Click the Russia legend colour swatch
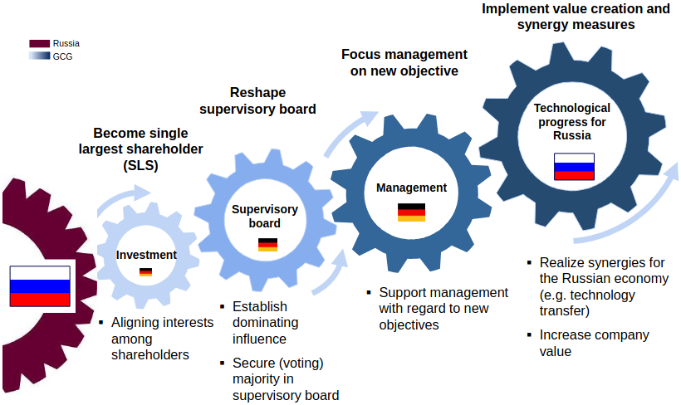coord(39,43)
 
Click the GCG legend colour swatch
coord(39,56)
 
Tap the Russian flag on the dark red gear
coord(40,286)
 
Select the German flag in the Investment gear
coord(145,272)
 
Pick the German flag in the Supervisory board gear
coord(267,244)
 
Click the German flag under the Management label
coord(411,212)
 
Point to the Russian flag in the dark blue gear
coord(574,167)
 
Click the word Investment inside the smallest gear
coord(146,255)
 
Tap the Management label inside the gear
coord(411,188)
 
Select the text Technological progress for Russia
coord(571,121)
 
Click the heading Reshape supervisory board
coord(257,101)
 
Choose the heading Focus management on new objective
coord(404,62)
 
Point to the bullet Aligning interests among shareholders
coord(162,338)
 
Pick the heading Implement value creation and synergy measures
coord(575,17)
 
